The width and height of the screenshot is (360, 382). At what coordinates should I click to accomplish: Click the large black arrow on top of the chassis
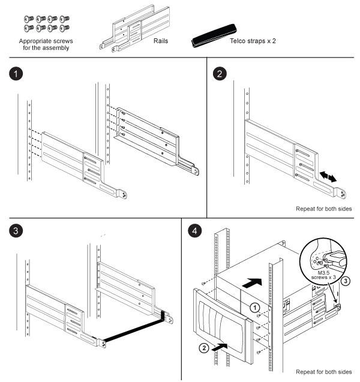pos(256,279)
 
